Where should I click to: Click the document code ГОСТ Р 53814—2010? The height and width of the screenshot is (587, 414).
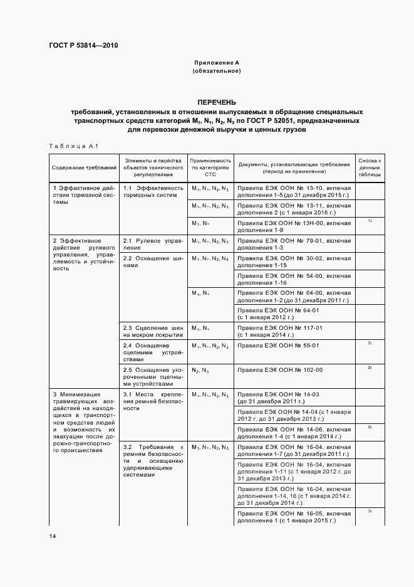click(83, 46)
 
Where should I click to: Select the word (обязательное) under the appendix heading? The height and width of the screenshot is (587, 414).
click(217, 71)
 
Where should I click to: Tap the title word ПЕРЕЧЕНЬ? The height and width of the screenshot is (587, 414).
click(217, 102)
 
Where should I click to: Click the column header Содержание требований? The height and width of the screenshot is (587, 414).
click(85, 168)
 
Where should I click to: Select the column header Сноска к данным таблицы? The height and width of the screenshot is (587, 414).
click(370, 168)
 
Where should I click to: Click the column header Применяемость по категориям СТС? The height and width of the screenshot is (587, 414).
click(210, 168)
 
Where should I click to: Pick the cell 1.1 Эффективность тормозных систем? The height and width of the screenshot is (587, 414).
click(153, 192)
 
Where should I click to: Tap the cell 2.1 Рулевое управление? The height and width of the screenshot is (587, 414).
click(153, 244)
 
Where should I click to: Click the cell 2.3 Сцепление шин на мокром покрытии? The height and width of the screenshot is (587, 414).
click(153, 331)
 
